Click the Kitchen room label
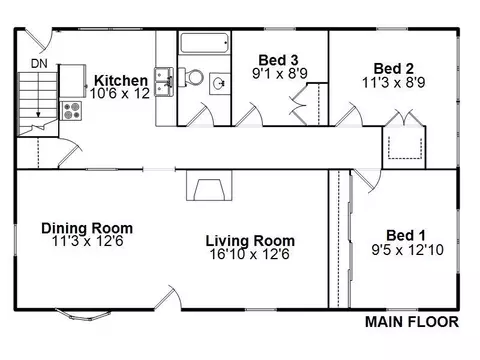pos(121,81)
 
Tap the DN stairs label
pos(39,63)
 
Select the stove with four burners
pos(71,111)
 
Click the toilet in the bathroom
pos(191,77)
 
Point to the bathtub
pos(204,43)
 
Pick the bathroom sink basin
pos(220,84)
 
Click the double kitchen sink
pos(164,82)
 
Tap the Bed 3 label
pos(278,60)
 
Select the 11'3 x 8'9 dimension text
pos(394,82)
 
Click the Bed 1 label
pos(406,235)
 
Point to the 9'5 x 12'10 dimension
pos(407,250)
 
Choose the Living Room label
pos(250,241)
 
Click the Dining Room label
pos(87,228)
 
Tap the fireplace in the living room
pos(209,185)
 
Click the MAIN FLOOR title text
pos(412,322)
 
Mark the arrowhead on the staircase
pos(38,115)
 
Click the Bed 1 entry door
pos(366,181)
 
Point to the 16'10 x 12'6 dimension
pos(249,255)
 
